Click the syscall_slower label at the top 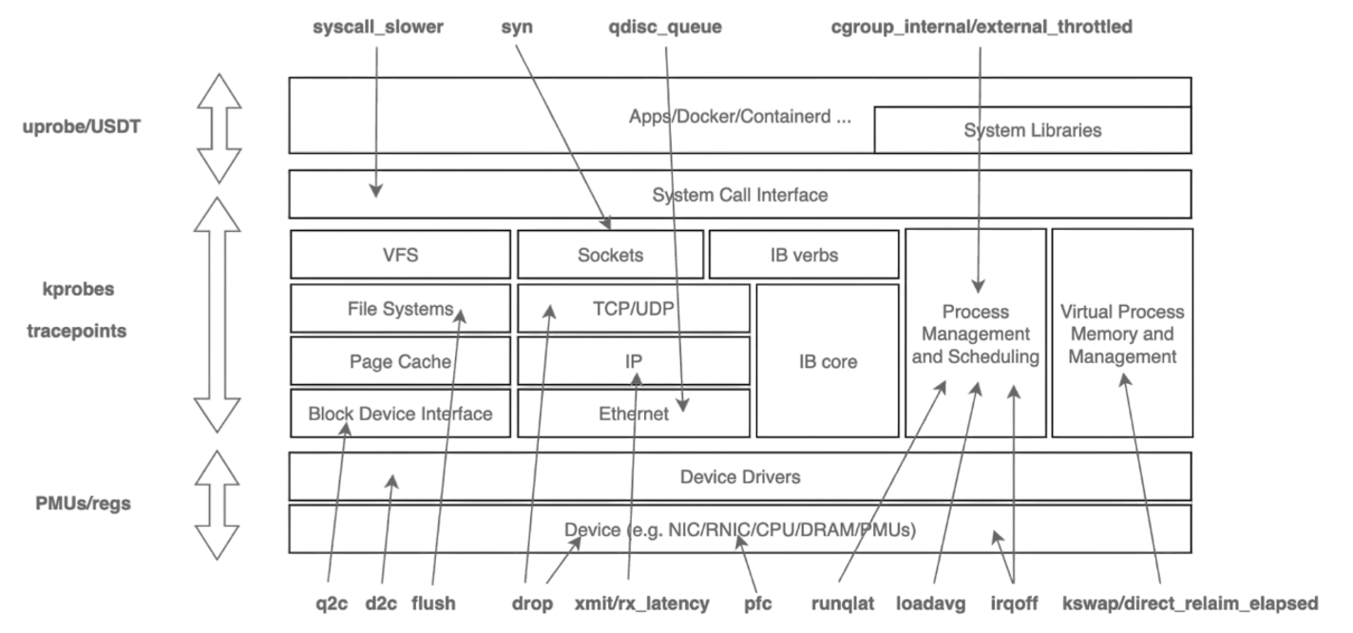tap(377, 28)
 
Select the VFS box tap(399, 255)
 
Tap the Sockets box tap(610, 255)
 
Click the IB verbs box tap(804, 255)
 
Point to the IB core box tap(828, 361)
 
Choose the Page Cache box tap(399, 361)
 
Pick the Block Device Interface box tap(399, 413)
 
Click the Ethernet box tap(634, 413)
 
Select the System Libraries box tap(1032, 130)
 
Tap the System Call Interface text tap(739, 195)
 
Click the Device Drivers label tap(739, 476)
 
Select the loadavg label tap(930, 603)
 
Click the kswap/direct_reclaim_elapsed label tap(1190, 603)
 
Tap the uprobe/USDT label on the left tap(82, 125)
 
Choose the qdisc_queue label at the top tap(664, 28)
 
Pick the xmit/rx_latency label tap(641, 603)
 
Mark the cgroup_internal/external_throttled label tap(981, 28)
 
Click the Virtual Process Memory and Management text tap(1122, 335)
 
